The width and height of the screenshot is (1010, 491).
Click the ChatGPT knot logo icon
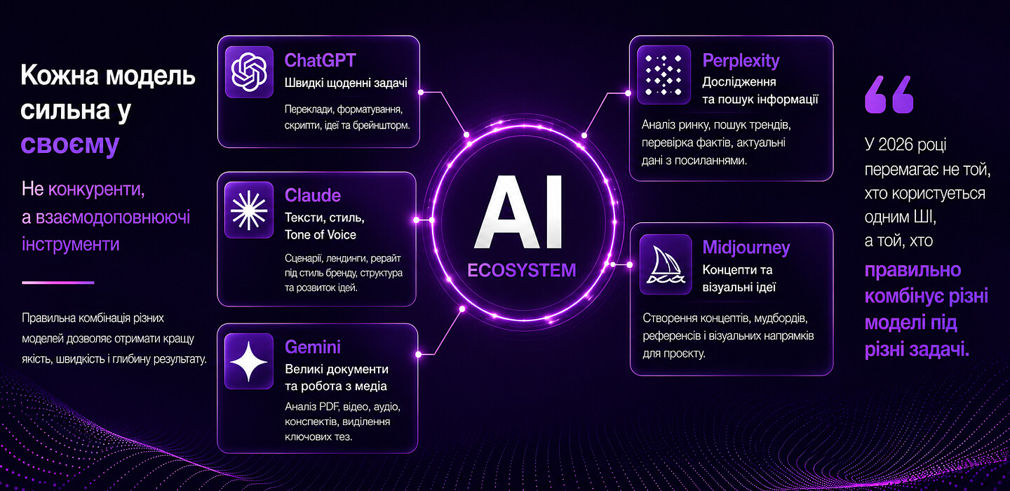tap(249, 72)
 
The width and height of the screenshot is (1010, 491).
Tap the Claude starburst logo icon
tap(249, 210)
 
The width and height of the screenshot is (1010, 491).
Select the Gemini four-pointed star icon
tap(249, 362)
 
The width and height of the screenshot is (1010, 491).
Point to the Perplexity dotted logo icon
tap(664, 75)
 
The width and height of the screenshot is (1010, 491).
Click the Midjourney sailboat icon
tap(665, 264)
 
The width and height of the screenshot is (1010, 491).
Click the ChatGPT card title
tap(320, 60)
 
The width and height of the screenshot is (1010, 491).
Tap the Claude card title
tap(313, 195)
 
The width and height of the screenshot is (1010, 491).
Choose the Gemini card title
tap(313, 347)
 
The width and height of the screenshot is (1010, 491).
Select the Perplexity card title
tap(741, 61)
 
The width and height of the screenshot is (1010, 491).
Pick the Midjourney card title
tap(746, 248)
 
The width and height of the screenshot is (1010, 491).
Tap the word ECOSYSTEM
tap(522, 271)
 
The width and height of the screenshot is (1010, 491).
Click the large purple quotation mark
tap(889, 94)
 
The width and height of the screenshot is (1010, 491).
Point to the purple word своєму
tap(70, 144)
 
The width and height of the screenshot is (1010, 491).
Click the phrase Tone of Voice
tap(320, 235)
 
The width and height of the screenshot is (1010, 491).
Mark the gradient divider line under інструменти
tap(58, 283)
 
